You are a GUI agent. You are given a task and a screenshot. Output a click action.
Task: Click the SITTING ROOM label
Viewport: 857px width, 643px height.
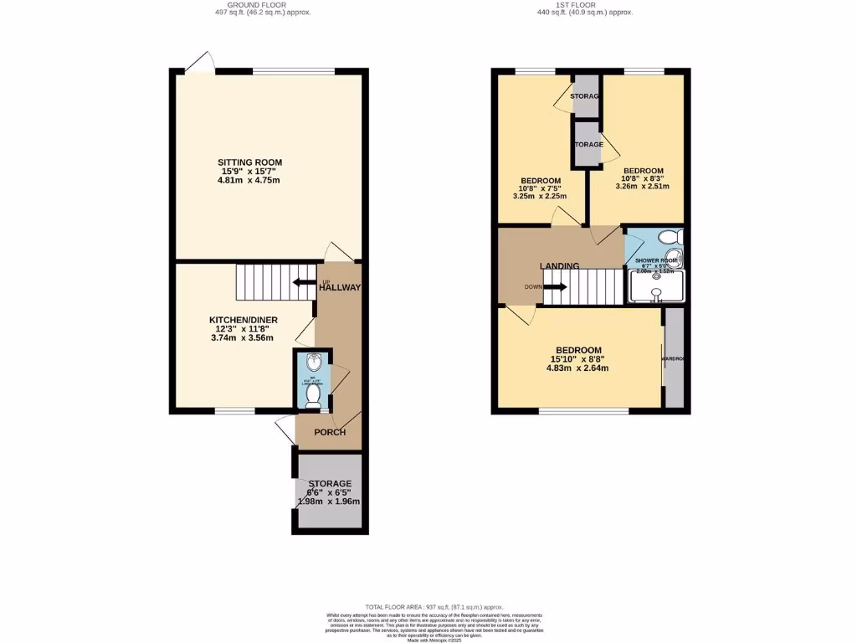249,162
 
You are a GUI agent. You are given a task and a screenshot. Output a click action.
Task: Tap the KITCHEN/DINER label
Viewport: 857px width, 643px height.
243,320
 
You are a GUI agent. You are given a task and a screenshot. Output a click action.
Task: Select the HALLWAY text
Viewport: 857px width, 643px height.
340,288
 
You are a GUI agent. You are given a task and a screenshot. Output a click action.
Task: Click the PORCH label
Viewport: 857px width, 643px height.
329,432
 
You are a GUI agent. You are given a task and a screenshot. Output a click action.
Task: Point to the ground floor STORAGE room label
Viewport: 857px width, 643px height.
329,484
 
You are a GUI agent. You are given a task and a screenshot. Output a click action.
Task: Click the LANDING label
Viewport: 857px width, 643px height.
559,266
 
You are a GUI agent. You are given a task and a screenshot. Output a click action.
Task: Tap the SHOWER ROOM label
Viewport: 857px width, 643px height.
655,261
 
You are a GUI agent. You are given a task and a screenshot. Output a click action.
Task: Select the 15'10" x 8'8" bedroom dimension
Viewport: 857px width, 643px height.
577,359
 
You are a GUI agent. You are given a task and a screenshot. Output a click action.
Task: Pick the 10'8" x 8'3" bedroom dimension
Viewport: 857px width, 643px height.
643,178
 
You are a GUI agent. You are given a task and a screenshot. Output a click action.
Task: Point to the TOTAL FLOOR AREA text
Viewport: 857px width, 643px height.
434,606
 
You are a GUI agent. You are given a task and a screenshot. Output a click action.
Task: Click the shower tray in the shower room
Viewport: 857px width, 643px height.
655,289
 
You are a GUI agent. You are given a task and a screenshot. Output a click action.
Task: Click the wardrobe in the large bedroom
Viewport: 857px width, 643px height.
674,358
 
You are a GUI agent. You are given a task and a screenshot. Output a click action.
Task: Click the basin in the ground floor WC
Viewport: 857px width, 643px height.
313,363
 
